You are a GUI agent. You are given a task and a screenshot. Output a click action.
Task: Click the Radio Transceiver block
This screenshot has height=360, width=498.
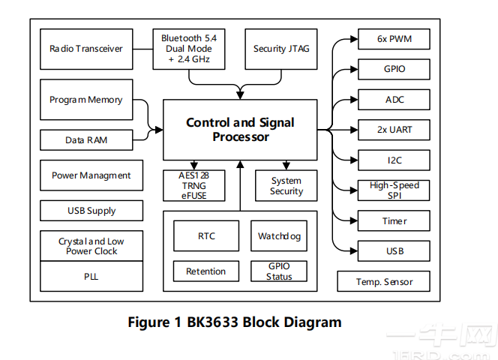tap(86, 49)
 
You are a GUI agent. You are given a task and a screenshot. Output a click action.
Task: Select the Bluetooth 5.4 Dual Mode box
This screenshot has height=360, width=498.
tap(190, 49)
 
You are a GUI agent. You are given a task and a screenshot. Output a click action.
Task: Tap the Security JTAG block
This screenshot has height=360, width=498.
tap(280, 49)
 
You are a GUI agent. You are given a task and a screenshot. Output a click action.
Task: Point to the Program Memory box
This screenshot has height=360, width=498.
tap(85, 100)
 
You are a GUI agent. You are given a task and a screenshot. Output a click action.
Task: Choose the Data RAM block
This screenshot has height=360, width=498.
tap(85, 139)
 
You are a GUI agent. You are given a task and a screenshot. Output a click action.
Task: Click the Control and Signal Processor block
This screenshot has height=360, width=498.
tap(240, 129)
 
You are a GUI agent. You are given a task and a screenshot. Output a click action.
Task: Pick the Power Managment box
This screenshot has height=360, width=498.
tap(91, 175)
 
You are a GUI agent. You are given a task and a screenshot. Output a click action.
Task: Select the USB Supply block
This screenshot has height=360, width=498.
tap(91, 211)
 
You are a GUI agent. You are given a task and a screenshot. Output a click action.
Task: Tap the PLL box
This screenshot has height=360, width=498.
tap(91, 276)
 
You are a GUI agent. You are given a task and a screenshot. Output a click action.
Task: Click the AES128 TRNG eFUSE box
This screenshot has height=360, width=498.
tap(193, 185)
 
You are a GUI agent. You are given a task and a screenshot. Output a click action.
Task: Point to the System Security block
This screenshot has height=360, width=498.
tap(286, 185)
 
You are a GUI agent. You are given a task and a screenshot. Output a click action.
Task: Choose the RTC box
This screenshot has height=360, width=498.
tap(206, 236)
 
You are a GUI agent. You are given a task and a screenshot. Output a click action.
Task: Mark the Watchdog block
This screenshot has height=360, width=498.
tap(279, 236)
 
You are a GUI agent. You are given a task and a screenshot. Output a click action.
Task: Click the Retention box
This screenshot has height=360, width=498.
tap(206, 271)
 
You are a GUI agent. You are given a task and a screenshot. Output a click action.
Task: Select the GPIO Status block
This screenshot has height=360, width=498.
tap(279, 271)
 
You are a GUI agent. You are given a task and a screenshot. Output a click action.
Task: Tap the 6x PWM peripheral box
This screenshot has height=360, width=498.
tap(394, 39)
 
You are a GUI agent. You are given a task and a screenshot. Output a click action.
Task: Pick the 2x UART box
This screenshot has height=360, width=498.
tap(394, 130)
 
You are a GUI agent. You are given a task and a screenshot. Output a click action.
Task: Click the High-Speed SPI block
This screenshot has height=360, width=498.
tap(394, 190)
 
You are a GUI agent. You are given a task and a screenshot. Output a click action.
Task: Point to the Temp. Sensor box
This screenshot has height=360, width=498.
tap(384, 282)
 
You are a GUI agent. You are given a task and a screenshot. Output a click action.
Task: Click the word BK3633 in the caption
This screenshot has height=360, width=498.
tap(214, 322)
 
